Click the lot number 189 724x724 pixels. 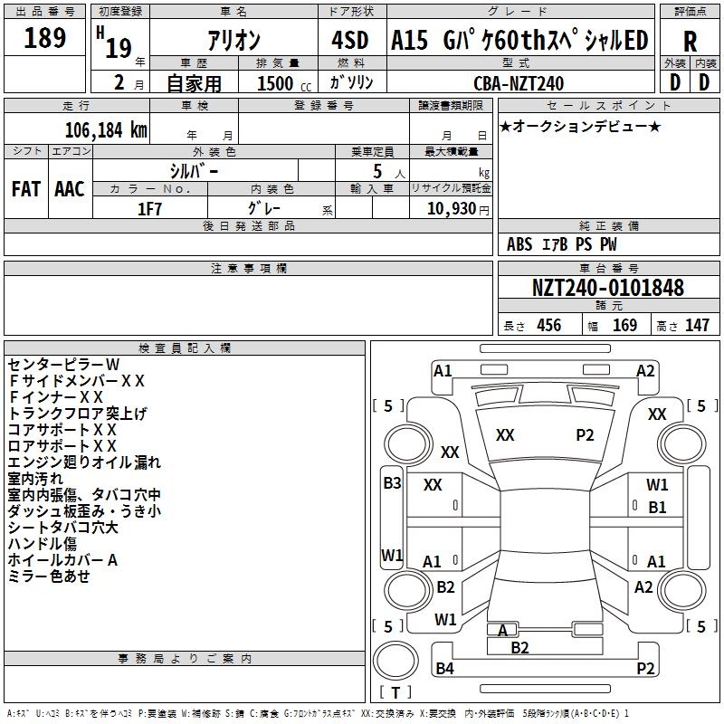(45, 39)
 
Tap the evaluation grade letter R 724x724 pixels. (690, 41)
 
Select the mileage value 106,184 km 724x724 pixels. (106, 130)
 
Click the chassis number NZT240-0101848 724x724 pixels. (607, 288)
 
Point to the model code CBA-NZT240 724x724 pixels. (519, 83)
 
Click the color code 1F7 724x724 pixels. (149, 208)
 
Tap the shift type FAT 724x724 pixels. (25, 188)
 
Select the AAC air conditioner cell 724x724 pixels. (70, 188)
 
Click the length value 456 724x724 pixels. (548, 326)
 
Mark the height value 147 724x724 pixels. (697, 326)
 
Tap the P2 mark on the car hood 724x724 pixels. (585, 435)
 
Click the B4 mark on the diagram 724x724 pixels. (444, 669)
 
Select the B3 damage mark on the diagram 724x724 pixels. (392, 483)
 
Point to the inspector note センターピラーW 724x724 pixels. (63, 365)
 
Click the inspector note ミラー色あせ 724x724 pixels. (49, 576)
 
